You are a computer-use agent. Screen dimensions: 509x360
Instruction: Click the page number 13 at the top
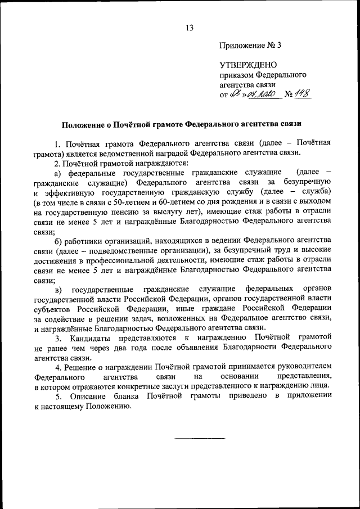coord(190,28)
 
